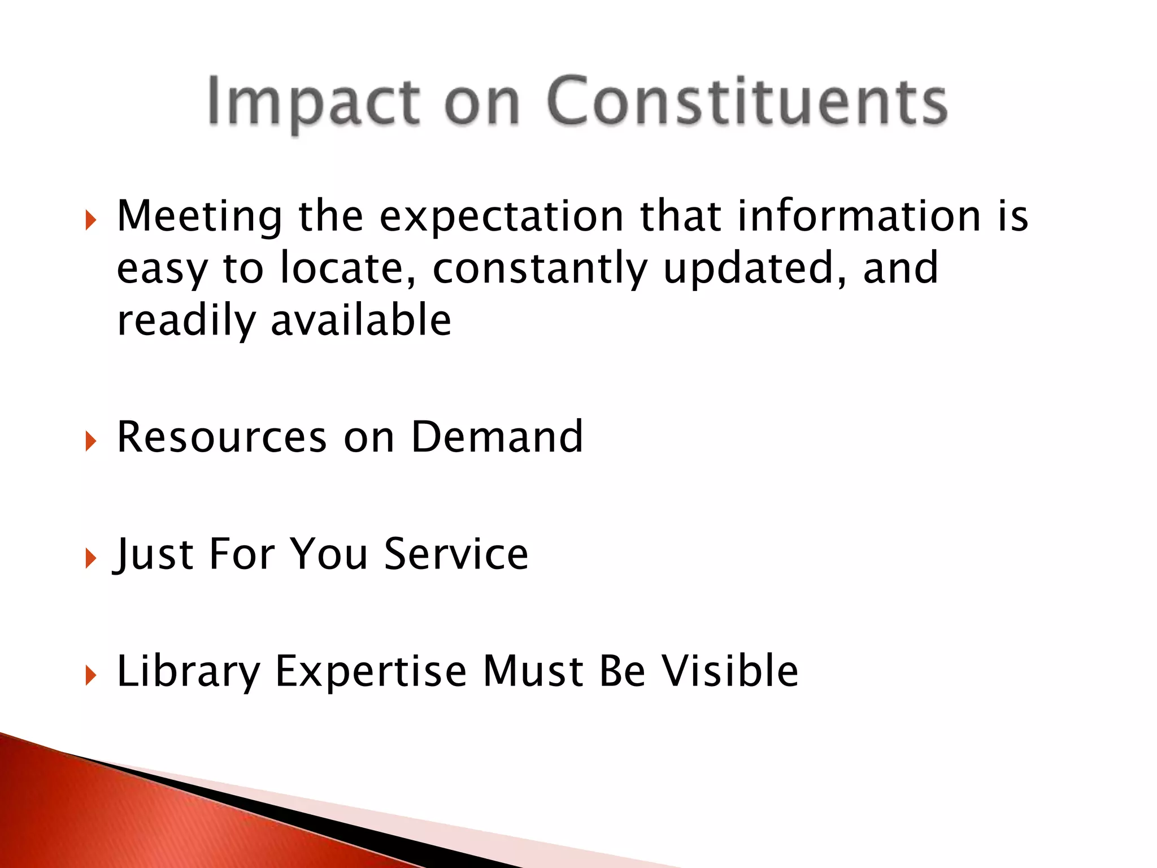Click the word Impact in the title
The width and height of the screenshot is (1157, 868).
[314, 102]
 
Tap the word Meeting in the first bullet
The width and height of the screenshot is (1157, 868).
[199, 216]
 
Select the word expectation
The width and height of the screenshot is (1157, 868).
[501, 216]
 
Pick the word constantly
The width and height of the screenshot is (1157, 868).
[540, 269]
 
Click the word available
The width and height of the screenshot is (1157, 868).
[361, 320]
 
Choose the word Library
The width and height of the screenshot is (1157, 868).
[188, 672]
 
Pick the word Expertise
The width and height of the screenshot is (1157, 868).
[371, 671]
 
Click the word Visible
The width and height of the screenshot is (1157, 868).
[730, 671]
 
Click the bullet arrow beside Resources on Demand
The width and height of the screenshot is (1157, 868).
[90, 441]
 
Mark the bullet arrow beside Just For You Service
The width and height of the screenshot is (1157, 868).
[90, 558]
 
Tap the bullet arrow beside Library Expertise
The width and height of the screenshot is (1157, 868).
[90, 675]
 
